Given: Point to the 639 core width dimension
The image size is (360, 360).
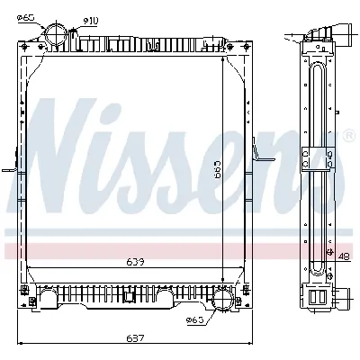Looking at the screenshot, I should coord(136,263).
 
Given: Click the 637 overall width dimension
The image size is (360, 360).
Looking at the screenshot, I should coord(136,339).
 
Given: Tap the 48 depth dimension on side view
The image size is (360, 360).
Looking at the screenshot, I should coord(344,256).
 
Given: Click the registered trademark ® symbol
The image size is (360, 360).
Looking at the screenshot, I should coord(348,136).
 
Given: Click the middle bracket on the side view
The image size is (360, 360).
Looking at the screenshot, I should coord(313,158).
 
